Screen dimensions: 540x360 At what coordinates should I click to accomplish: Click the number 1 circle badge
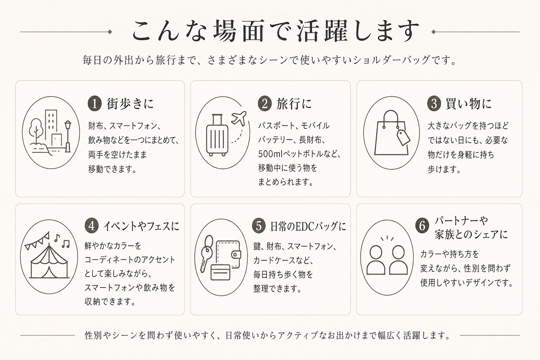[95, 104]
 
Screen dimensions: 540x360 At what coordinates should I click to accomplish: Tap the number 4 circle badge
[92, 226]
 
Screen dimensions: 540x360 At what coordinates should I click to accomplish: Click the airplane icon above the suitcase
[239, 118]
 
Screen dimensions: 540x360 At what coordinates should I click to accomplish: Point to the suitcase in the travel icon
[217, 135]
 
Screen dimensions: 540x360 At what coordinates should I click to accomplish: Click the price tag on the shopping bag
[403, 137]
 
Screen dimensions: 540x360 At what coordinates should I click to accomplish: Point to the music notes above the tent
[62, 241]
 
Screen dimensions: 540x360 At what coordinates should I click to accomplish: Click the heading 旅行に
[294, 104]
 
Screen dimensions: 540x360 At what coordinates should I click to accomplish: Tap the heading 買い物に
[469, 104]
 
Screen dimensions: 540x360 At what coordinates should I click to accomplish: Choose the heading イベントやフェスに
[141, 226]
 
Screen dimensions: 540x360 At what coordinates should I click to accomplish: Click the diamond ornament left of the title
[110, 32]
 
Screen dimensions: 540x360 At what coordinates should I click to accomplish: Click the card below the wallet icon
[220, 272]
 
